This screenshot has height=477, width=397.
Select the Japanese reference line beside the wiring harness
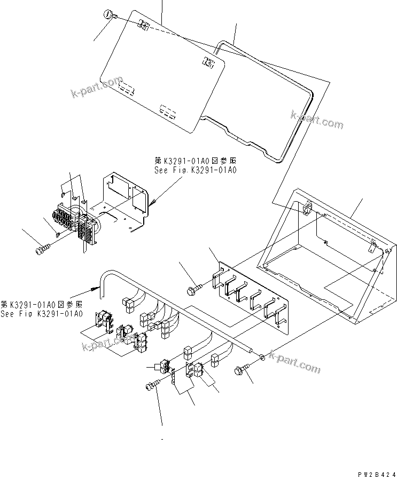point(42,304)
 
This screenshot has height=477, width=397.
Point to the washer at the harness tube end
point(262,356)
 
